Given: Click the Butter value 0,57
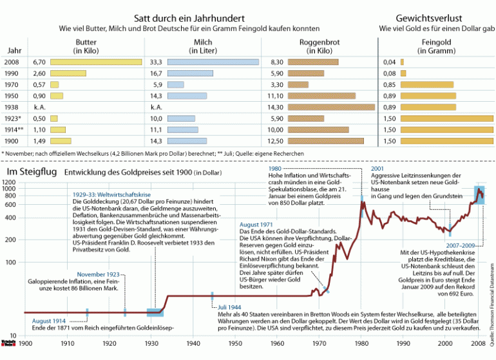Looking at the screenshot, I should pyautogui.click(x=39, y=85).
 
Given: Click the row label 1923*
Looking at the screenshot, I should pyautogui.click(x=13, y=119).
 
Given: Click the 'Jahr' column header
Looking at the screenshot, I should pyautogui.click(x=14, y=50).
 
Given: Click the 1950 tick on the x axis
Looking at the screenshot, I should pyautogui.click(x=235, y=343).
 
